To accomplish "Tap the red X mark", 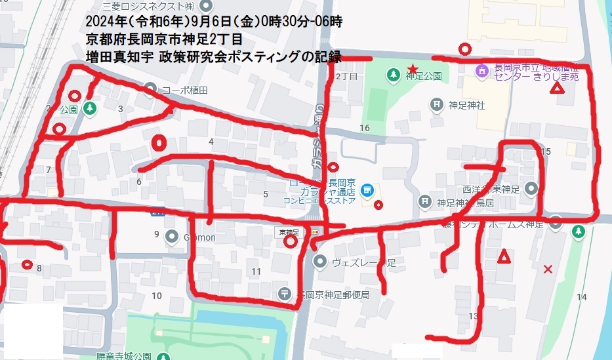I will [548, 269].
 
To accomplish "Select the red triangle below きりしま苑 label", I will [557, 89].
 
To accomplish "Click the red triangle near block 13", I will [504, 256].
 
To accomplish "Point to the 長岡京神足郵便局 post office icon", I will [285, 294].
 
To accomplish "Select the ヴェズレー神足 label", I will [364, 263].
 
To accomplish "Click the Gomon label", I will [199, 237].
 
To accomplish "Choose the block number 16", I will [365, 128].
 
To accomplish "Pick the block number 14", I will [581, 297].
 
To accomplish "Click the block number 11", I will [256, 271].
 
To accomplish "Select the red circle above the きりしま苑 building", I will [465, 48].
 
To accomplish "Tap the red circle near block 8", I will [28, 264].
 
